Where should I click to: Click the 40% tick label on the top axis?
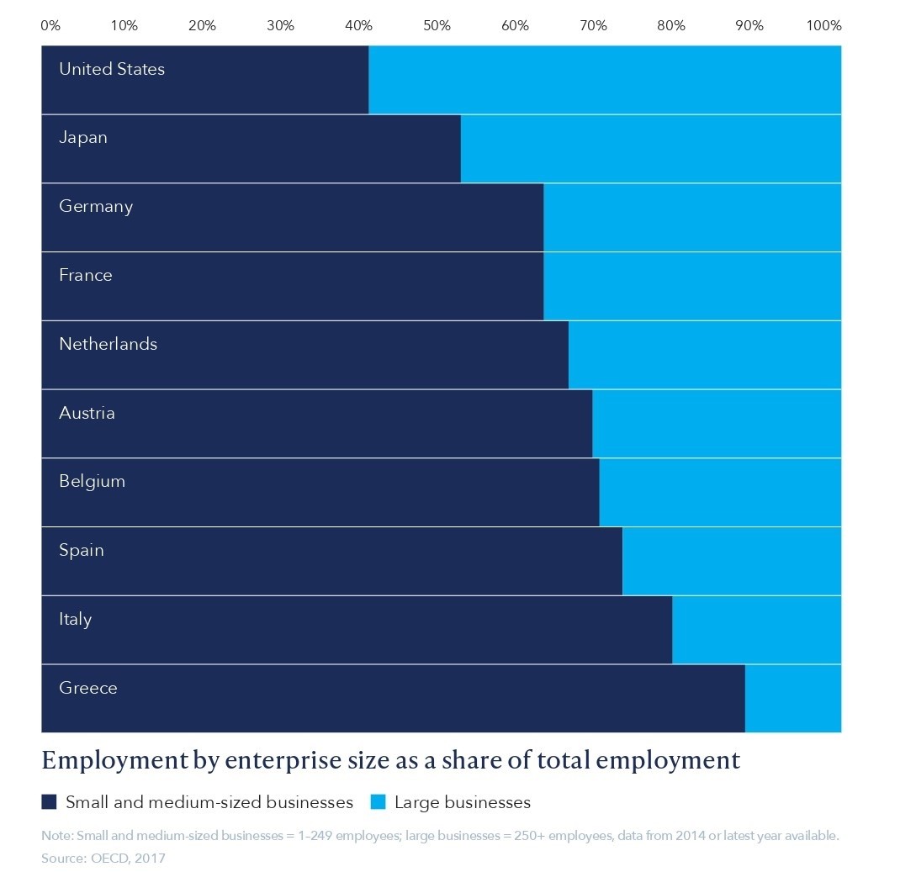tap(358, 25)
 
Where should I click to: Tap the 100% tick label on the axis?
tap(823, 25)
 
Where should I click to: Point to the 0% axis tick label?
tap(50, 25)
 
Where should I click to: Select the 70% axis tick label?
tap(593, 25)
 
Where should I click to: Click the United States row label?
tap(112, 69)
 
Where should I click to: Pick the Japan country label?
tap(83, 137)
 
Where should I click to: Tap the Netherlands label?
tap(108, 344)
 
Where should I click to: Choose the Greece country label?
tap(88, 688)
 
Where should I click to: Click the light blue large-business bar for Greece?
tap(792, 699)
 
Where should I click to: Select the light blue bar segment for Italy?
tap(756, 630)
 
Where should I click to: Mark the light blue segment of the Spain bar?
tap(731, 561)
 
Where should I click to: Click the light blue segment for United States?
tap(604, 80)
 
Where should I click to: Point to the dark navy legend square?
tap(49, 802)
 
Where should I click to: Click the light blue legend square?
tap(378, 802)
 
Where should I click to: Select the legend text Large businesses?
tap(463, 802)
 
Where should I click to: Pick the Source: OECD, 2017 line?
tap(103, 859)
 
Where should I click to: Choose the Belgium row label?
tap(92, 481)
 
